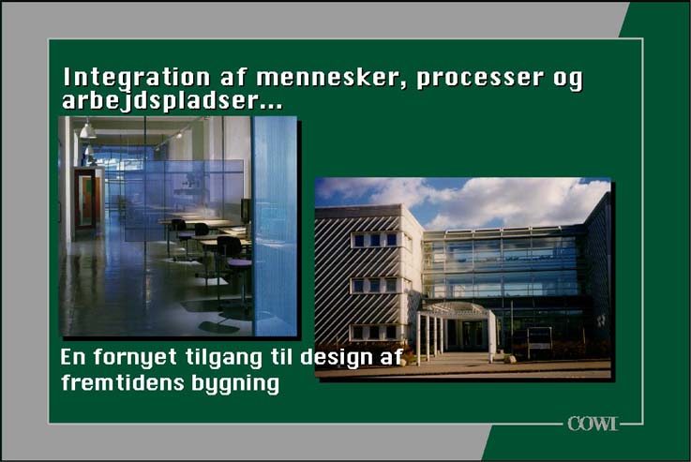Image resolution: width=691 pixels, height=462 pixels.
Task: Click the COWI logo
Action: (593, 424)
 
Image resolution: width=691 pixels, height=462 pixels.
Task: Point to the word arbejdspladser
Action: (172, 101)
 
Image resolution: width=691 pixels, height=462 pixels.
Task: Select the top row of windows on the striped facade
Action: (375, 240)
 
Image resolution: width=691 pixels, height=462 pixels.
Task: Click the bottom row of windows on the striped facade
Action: (375, 332)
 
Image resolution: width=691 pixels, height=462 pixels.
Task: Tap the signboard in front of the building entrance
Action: (539, 338)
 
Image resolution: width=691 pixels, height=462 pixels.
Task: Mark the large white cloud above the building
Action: (507, 201)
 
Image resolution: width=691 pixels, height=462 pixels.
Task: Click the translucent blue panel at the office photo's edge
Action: (275, 226)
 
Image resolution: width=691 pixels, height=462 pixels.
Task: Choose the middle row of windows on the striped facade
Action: (375, 286)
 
